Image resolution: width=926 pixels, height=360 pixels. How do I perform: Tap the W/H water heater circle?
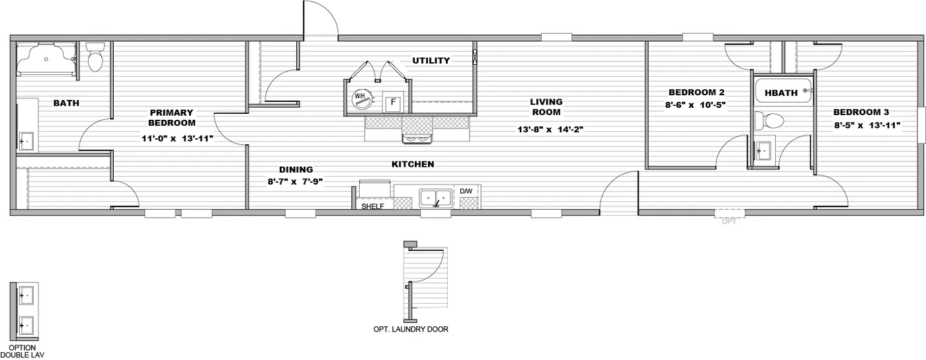pos(361,98)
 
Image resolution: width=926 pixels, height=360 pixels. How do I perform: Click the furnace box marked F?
pos(393,102)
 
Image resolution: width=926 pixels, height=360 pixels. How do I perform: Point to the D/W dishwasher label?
pos(466,191)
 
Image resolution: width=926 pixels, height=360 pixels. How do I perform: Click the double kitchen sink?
pos(436,198)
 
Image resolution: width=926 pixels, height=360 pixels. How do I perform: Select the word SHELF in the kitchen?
pos(373,206)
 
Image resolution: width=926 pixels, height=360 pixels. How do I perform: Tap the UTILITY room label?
pos(431,61)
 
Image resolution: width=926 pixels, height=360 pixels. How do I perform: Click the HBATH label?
pos(781,93)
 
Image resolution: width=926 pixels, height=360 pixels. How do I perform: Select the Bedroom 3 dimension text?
pos(867,125)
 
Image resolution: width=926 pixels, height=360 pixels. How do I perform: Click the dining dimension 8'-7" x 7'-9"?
pos(295,181)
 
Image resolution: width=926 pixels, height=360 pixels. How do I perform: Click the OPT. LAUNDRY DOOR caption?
pos(411,329)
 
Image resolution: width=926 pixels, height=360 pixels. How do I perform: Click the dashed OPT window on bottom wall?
pos(730,214)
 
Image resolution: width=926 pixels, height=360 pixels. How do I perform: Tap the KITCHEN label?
pos(413,164)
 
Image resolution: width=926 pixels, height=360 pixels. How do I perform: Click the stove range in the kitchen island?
pos(417,138)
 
